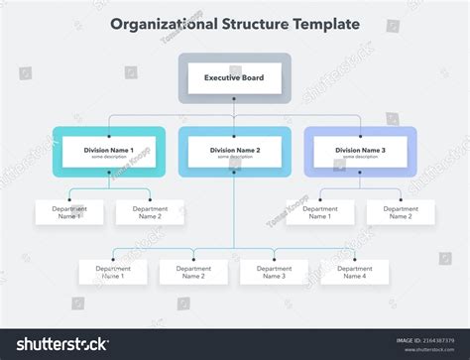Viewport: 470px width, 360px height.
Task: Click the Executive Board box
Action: pos(234,77)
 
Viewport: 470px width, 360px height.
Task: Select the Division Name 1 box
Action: pos(109,152)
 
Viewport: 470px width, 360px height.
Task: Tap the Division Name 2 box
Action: pos(235,152)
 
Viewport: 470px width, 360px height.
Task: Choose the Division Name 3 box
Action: pos(360,152)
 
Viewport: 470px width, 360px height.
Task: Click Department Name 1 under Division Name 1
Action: pos(68,212)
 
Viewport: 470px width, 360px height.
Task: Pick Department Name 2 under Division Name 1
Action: pos(150,212)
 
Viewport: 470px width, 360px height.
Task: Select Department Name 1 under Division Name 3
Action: pos(320,212)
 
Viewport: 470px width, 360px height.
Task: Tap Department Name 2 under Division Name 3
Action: pos(401,212)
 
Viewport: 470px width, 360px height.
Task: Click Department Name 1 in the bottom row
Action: pos(112,272)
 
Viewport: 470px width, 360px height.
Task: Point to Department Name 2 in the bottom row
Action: pos(193,272)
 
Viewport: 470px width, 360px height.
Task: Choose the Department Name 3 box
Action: pos(274,272)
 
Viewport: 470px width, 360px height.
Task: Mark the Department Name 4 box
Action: pos(355,272)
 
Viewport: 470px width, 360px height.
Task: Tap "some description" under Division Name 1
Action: pos(109,157)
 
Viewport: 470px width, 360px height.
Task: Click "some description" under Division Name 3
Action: pos(360,157)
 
